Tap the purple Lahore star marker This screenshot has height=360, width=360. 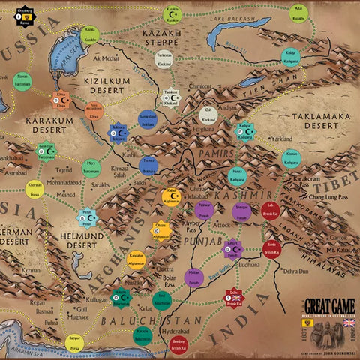(x=233, y=247)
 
